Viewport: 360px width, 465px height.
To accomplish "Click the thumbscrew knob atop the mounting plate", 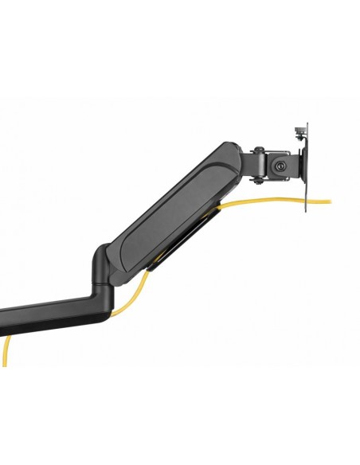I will (300, 128).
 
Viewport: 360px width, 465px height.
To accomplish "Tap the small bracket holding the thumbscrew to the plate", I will (300, 140).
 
